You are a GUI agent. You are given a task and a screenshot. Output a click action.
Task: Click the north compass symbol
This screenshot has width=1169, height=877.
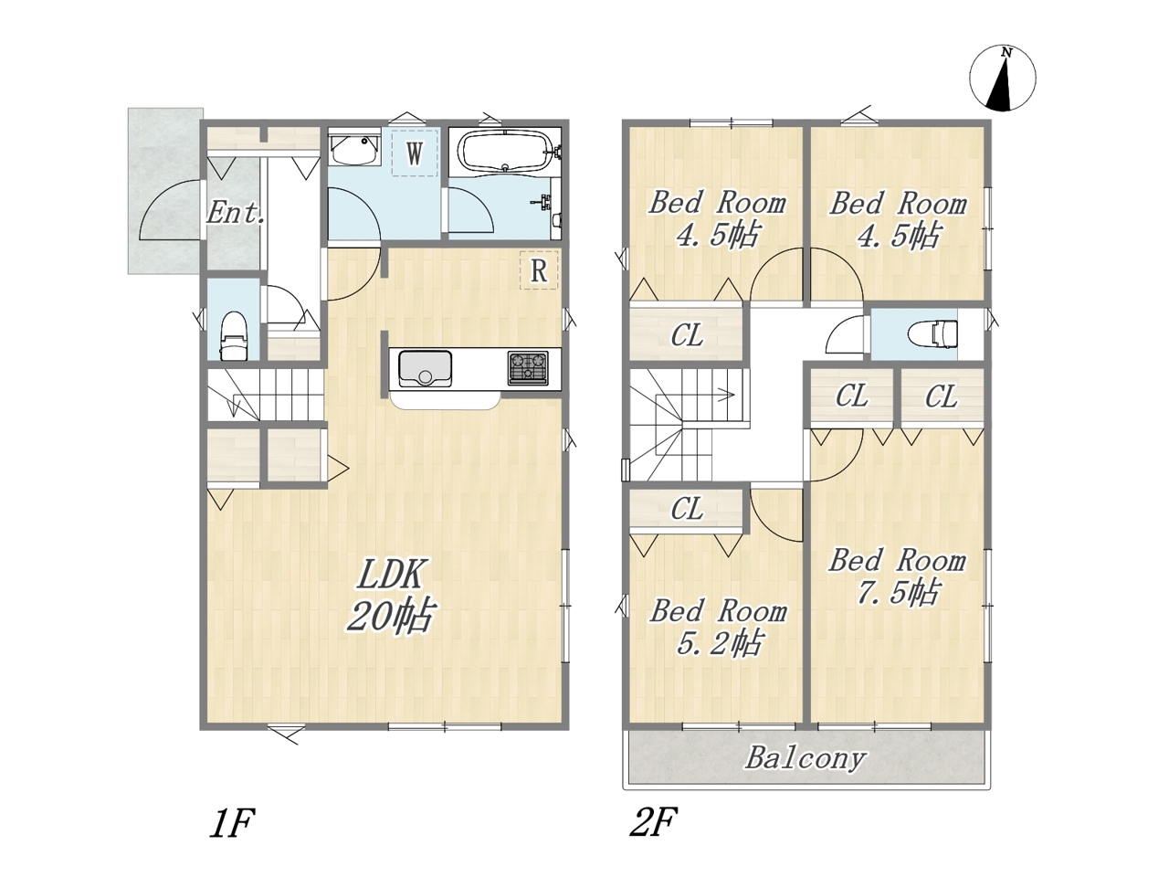point(1002,79)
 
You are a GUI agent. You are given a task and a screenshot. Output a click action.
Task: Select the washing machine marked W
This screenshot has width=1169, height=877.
point(415,153)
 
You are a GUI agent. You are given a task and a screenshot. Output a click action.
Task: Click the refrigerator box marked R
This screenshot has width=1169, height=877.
point(539,270)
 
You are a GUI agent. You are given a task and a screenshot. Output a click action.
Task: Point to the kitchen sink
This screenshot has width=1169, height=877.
point(425,368)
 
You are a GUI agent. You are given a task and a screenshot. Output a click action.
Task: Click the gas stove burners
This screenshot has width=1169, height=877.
point(527,367)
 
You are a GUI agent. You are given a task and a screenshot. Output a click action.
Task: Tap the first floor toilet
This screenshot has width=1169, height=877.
point(233,335)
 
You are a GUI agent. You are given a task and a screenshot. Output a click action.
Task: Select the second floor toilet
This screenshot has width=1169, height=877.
point(932,333)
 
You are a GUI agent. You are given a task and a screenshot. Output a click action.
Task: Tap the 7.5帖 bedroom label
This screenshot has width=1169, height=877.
point(898,576)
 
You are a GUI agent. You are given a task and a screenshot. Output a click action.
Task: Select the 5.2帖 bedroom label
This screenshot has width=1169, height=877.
point(718,628)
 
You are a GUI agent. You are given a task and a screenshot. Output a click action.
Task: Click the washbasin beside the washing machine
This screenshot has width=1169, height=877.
point(354,150)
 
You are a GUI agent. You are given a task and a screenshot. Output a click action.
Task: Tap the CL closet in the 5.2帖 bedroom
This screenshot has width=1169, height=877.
point(687,510)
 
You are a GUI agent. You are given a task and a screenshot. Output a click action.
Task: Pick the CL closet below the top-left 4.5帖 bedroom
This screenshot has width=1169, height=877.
point(687,335)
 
